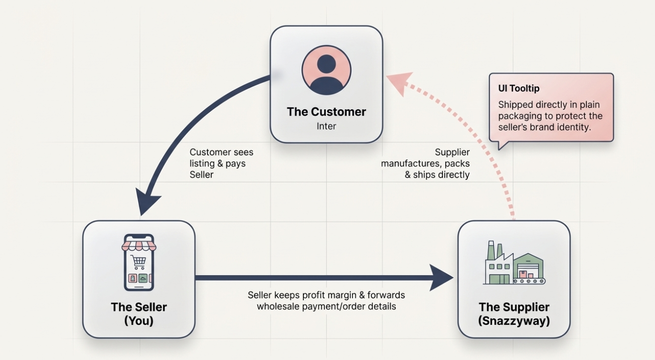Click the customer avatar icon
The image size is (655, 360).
point(326,70)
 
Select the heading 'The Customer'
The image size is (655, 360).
point(326,111)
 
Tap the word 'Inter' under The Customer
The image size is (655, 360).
point(326,126)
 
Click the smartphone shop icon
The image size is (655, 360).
point(139,262)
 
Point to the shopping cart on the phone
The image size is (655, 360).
point(138,262)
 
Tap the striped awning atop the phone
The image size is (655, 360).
point(139,245)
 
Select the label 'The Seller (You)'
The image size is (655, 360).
point(139,313)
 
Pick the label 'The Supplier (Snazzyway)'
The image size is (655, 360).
point(514,313)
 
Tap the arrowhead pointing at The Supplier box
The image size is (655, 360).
point(442,278)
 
